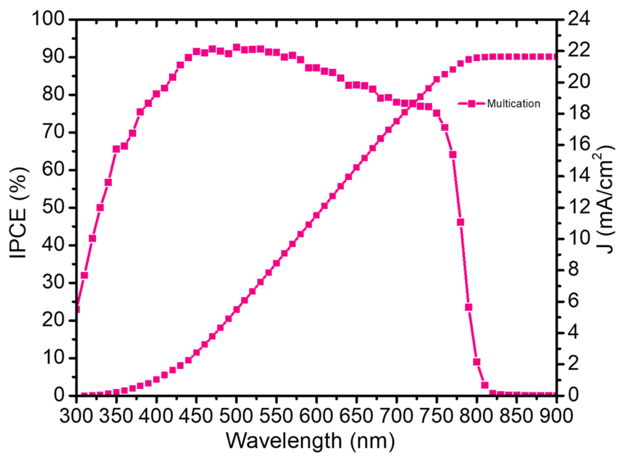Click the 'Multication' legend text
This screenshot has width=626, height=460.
pyautogui.click(x=513, y=103)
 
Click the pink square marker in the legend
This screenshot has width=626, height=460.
pyautogui.click(x=472, y=103)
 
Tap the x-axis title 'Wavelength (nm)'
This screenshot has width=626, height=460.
pyautogui.click(x=310, y=441)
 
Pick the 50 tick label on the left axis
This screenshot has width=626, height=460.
pyautogui.click(x=53, y=207)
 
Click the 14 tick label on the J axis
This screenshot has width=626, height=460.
pyautogui.click(x=579, y=175)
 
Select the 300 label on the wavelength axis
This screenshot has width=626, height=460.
pyautogui.click(x=76, y=416)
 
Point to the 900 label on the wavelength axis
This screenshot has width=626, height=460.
pyautogui.click(x=556, y=416)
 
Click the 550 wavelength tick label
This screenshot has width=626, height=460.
pyautogui.click(x=276, y=416)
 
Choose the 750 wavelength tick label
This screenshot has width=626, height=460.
pyautogui.click(x=436, y=416)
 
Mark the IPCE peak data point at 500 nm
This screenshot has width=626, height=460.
pyautogui.click(x=237, y=47)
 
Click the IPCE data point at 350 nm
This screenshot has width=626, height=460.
pyautogui.click(x=116, y=149)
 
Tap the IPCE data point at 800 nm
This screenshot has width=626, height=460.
pyautogui.click(x=476, y=362)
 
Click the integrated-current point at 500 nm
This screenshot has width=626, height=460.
pyautogui.click(x=237, y=309)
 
